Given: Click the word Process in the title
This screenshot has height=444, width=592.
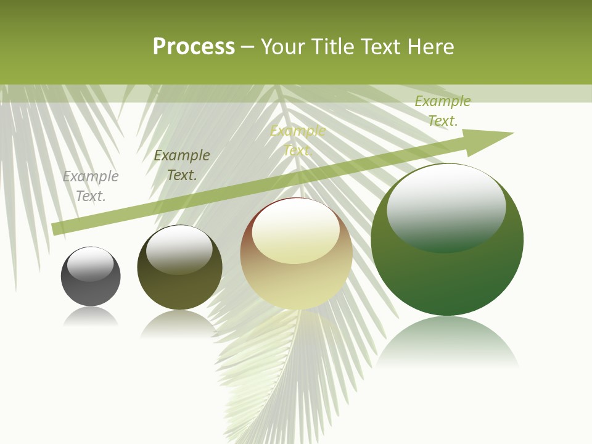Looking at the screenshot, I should [x=194, y=47].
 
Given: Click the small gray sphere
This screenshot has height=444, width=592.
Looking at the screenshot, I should [x=91, y=290].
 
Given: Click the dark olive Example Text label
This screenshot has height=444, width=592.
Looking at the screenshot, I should [x=182, y=165].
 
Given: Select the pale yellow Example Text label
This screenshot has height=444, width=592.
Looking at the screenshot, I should [x=298, y=141].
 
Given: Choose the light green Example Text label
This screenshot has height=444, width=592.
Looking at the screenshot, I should [x=443, y=111].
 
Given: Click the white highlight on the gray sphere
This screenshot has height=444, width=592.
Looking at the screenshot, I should [x=90, y=264].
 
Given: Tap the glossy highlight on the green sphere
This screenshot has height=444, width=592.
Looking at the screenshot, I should [x=446, y=207].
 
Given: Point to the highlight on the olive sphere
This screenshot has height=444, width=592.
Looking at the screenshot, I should [x=179, y=249].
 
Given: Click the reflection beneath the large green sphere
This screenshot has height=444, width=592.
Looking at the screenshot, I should [x=447, y=342].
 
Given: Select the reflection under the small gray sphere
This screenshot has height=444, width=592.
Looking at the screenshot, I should [x=91, y=317].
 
